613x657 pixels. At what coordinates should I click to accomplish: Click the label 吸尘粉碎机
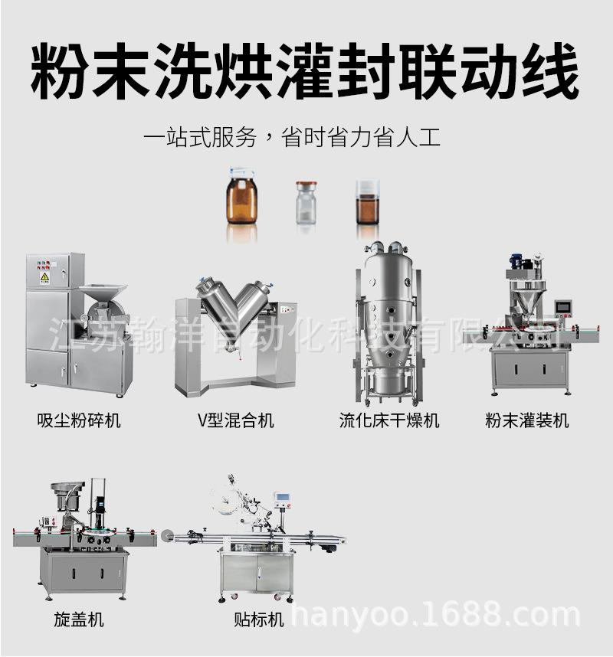point(79,420)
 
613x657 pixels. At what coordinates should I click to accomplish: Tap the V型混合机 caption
point(235,420)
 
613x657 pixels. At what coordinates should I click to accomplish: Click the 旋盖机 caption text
point(79,619)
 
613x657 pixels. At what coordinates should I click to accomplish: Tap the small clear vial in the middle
point(307,203)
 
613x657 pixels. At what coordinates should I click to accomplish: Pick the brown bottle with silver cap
point(368,202)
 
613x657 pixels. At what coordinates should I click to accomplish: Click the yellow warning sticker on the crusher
point(44,278)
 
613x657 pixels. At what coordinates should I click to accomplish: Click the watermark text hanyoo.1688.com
point(437,615)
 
